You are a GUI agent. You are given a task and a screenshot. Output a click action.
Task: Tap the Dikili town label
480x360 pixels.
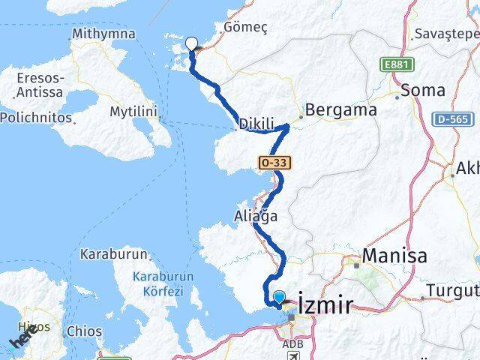click(x=256, y=124)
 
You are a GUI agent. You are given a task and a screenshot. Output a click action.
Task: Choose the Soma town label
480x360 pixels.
click(x=423, y=90)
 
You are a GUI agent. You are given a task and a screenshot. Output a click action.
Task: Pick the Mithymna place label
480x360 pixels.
click(x=103, y=34)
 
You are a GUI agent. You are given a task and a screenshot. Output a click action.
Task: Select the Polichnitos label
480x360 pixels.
click(x=36, y=118)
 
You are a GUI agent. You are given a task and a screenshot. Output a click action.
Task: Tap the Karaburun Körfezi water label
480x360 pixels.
click(x=163, y=283)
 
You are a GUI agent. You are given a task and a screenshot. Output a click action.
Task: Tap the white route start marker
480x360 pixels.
click(x=192, y=44)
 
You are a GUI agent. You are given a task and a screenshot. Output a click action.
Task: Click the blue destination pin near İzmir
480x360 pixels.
click(x=280, y=298)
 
